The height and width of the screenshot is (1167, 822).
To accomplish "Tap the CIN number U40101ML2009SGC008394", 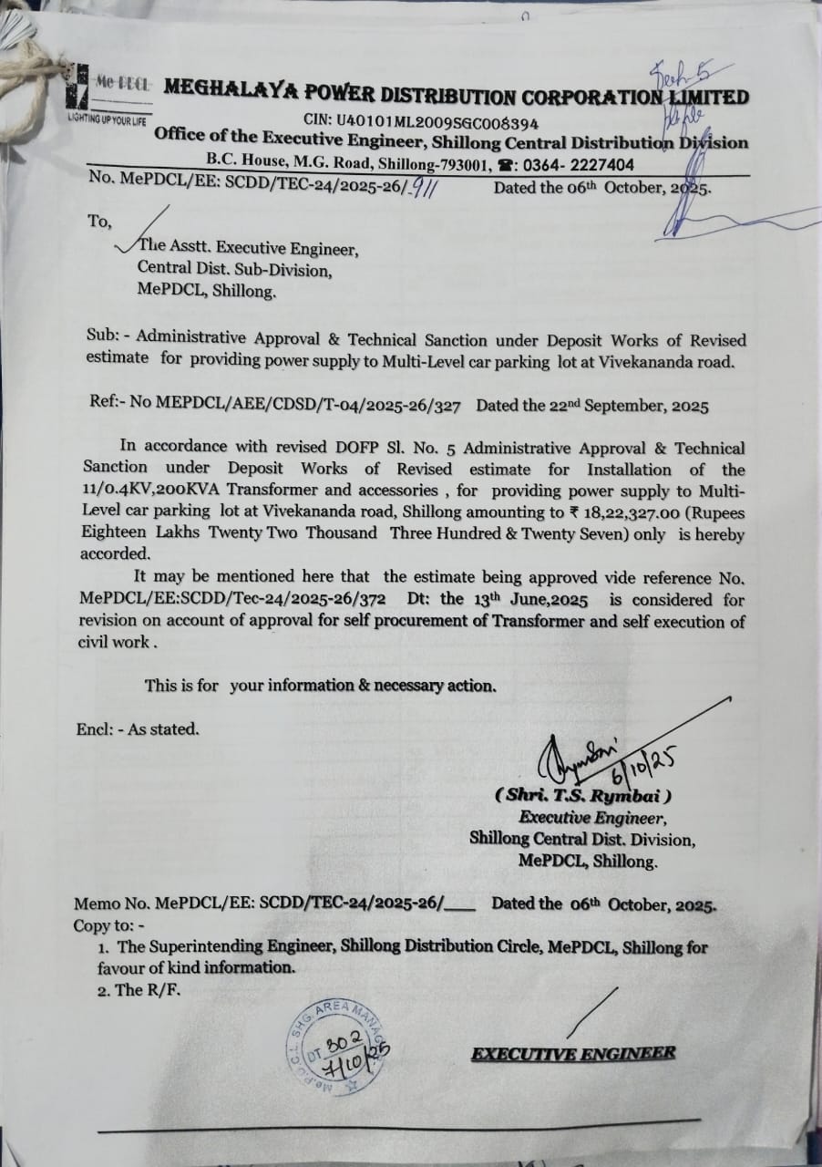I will [x=421, y=121].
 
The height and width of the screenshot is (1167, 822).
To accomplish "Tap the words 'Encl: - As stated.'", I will [x=137, y=728].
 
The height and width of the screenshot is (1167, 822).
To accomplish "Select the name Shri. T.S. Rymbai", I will [x=583, y=796].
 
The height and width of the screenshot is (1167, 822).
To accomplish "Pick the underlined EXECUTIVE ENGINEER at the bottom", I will [x=573, y=1054].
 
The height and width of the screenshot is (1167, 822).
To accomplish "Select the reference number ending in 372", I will [x=232, y=600].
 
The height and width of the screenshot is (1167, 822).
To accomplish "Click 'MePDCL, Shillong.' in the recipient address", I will [x=205, y=293].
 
